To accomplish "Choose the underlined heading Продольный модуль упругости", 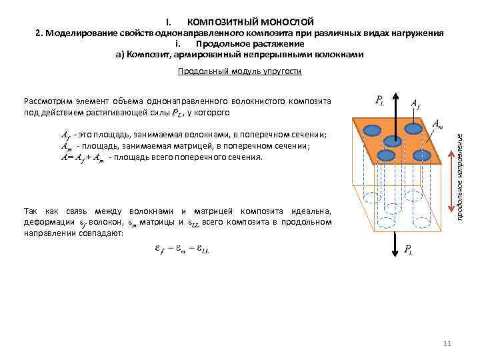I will (x=240, y=71).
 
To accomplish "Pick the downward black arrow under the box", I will (x=393, y=243).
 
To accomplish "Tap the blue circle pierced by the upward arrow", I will (x=393, y=140).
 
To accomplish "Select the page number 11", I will (x=447, y=343).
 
